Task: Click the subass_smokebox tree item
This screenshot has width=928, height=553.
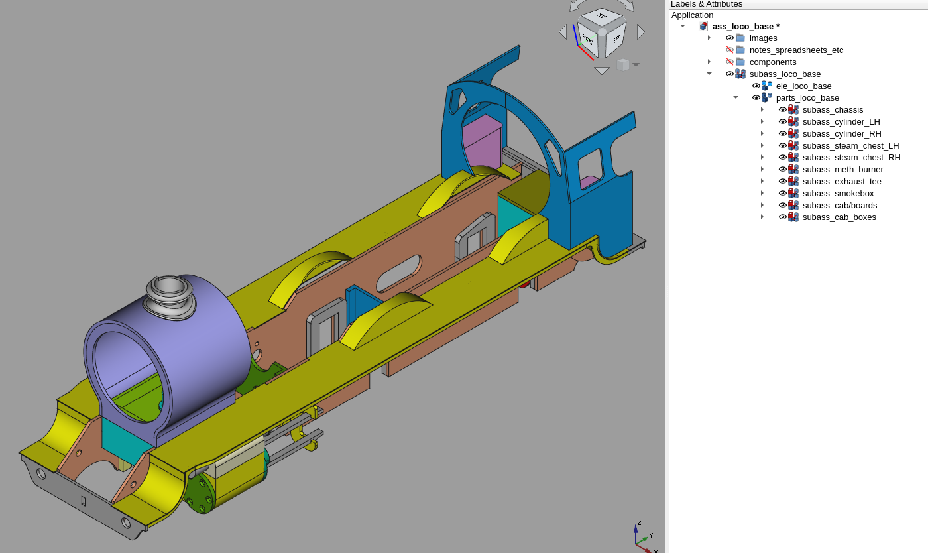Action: [x=838, y=194]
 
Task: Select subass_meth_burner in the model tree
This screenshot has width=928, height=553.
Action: [x=842, y=170]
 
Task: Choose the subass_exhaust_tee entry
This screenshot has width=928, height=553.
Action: [x=841, y=182]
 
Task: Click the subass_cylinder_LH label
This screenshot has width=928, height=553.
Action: [x=841, y=122]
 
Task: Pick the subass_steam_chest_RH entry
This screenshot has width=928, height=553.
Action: [x=851, y=158]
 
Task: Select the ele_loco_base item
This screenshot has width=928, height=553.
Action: [x=803, y=86]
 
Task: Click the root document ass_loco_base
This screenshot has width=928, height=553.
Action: [x=745, y=27]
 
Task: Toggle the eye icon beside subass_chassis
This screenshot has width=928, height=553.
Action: [x=783, y=110]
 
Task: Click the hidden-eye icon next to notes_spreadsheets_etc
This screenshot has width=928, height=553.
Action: [x=730, y=50]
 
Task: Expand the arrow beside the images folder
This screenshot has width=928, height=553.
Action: [x=709, y=38]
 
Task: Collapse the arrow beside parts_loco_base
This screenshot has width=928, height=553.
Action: [x=736, y=98]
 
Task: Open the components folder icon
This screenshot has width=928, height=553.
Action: [x=740, y=62]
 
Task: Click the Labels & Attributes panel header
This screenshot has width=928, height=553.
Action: [x=707, y=4]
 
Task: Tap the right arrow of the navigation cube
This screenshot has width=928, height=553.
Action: [x=641, y=32]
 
